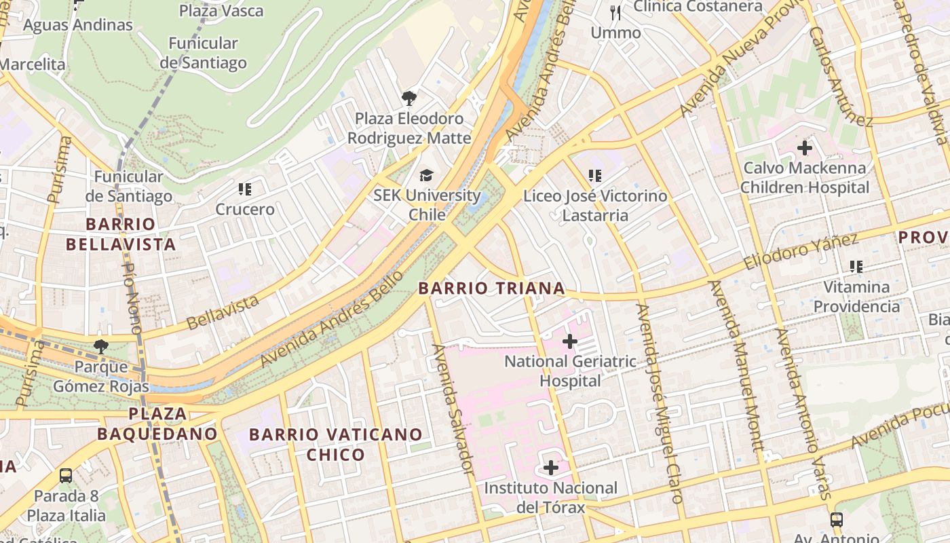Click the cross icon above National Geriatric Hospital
click(x=570, y=341)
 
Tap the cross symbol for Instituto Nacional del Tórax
click(x=550, y=468)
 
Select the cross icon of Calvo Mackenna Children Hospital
click(x=805, y=147)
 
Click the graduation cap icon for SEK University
click(x=426, y=176)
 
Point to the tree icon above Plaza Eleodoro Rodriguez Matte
click(x=408, y=99)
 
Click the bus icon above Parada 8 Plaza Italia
click(x=66, y=476)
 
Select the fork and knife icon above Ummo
click(x=615, y=12)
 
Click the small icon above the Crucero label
click(x=245, y=189)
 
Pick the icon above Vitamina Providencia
click(x=856, y=267)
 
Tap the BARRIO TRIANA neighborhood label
click(x=491, y=288)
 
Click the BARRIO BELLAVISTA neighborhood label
click(x=130, y=234)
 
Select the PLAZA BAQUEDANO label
click(x=157, y=424)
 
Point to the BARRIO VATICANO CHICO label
click(x=336, y=444)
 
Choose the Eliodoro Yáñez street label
click(x=801, y=252)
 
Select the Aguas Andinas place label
click(x=78, y=25)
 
